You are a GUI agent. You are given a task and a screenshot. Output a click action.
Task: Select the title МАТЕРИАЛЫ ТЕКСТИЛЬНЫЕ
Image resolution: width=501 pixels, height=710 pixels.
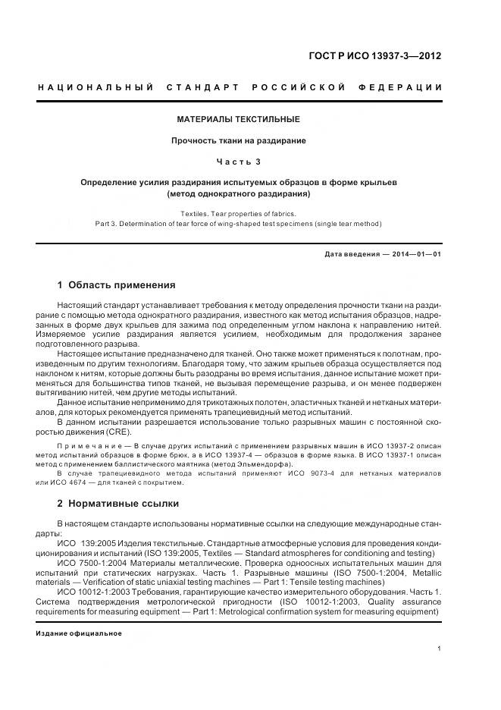click(x=238, y=120)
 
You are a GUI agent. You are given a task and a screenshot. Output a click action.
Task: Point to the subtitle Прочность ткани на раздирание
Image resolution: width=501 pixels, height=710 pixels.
click(x=238, y=140)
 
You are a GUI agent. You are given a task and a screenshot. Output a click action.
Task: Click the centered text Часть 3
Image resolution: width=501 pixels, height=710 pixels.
click(x=238, y=162)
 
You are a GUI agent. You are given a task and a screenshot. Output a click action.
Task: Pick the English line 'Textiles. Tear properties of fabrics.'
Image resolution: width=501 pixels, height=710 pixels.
click(x=238, y=214)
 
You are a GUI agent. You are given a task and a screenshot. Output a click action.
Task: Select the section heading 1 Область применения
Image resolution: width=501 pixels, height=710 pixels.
click(x=116, y=285)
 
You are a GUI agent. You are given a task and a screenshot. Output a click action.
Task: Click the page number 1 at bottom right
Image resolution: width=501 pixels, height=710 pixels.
click(x=440, y=648)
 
